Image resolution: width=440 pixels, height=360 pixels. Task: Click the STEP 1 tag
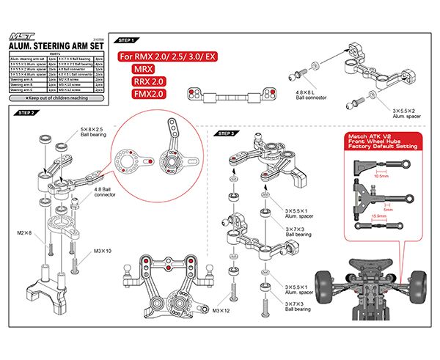[x=129, y=42]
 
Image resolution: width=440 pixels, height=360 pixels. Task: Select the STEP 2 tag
[x=26, y=113]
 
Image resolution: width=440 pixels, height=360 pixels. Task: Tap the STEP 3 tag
[x=227, y=134]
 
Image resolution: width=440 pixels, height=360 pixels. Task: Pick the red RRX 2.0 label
[x=150, y=82]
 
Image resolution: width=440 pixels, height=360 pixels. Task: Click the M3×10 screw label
[x=103, y=251]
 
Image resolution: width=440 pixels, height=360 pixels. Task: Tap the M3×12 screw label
[x=221, y=311]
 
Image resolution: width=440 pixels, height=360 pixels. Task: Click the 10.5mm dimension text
[x=381, y=176]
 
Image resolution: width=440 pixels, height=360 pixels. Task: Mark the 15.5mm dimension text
[x=381, y=216]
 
